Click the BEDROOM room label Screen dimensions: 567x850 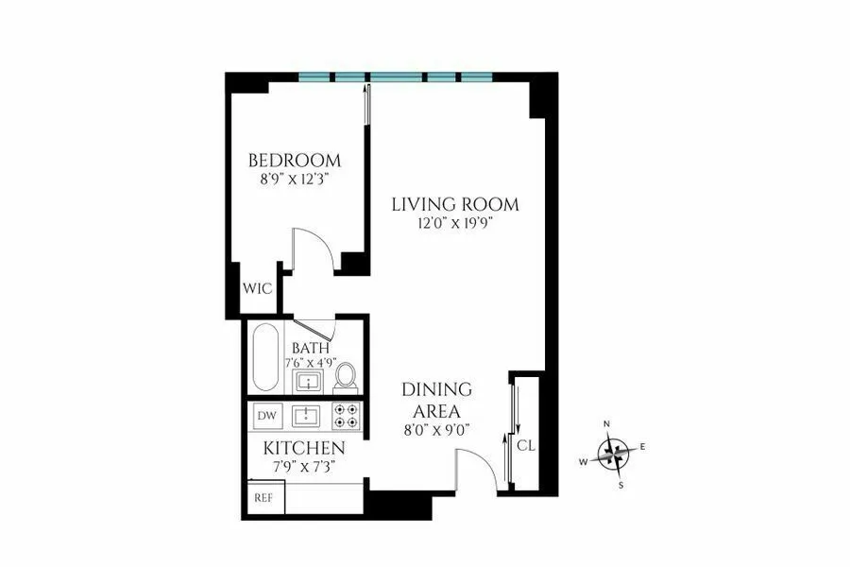coord(294,160)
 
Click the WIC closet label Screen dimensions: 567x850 coord(259,289)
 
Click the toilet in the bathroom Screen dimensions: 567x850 coord(346,375)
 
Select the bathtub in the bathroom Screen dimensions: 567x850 coord(264,359)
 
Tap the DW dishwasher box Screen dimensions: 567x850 coord(266,415)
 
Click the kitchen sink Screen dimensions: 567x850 coord(307,415)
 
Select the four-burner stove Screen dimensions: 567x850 coord(347,415)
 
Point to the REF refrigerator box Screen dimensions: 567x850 coord(262,496)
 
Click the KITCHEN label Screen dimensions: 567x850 coord(303,447)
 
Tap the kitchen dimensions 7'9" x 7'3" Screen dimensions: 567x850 coord(303,465)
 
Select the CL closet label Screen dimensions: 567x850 coord(526,444)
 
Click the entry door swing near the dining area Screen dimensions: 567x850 coord(477,468)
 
